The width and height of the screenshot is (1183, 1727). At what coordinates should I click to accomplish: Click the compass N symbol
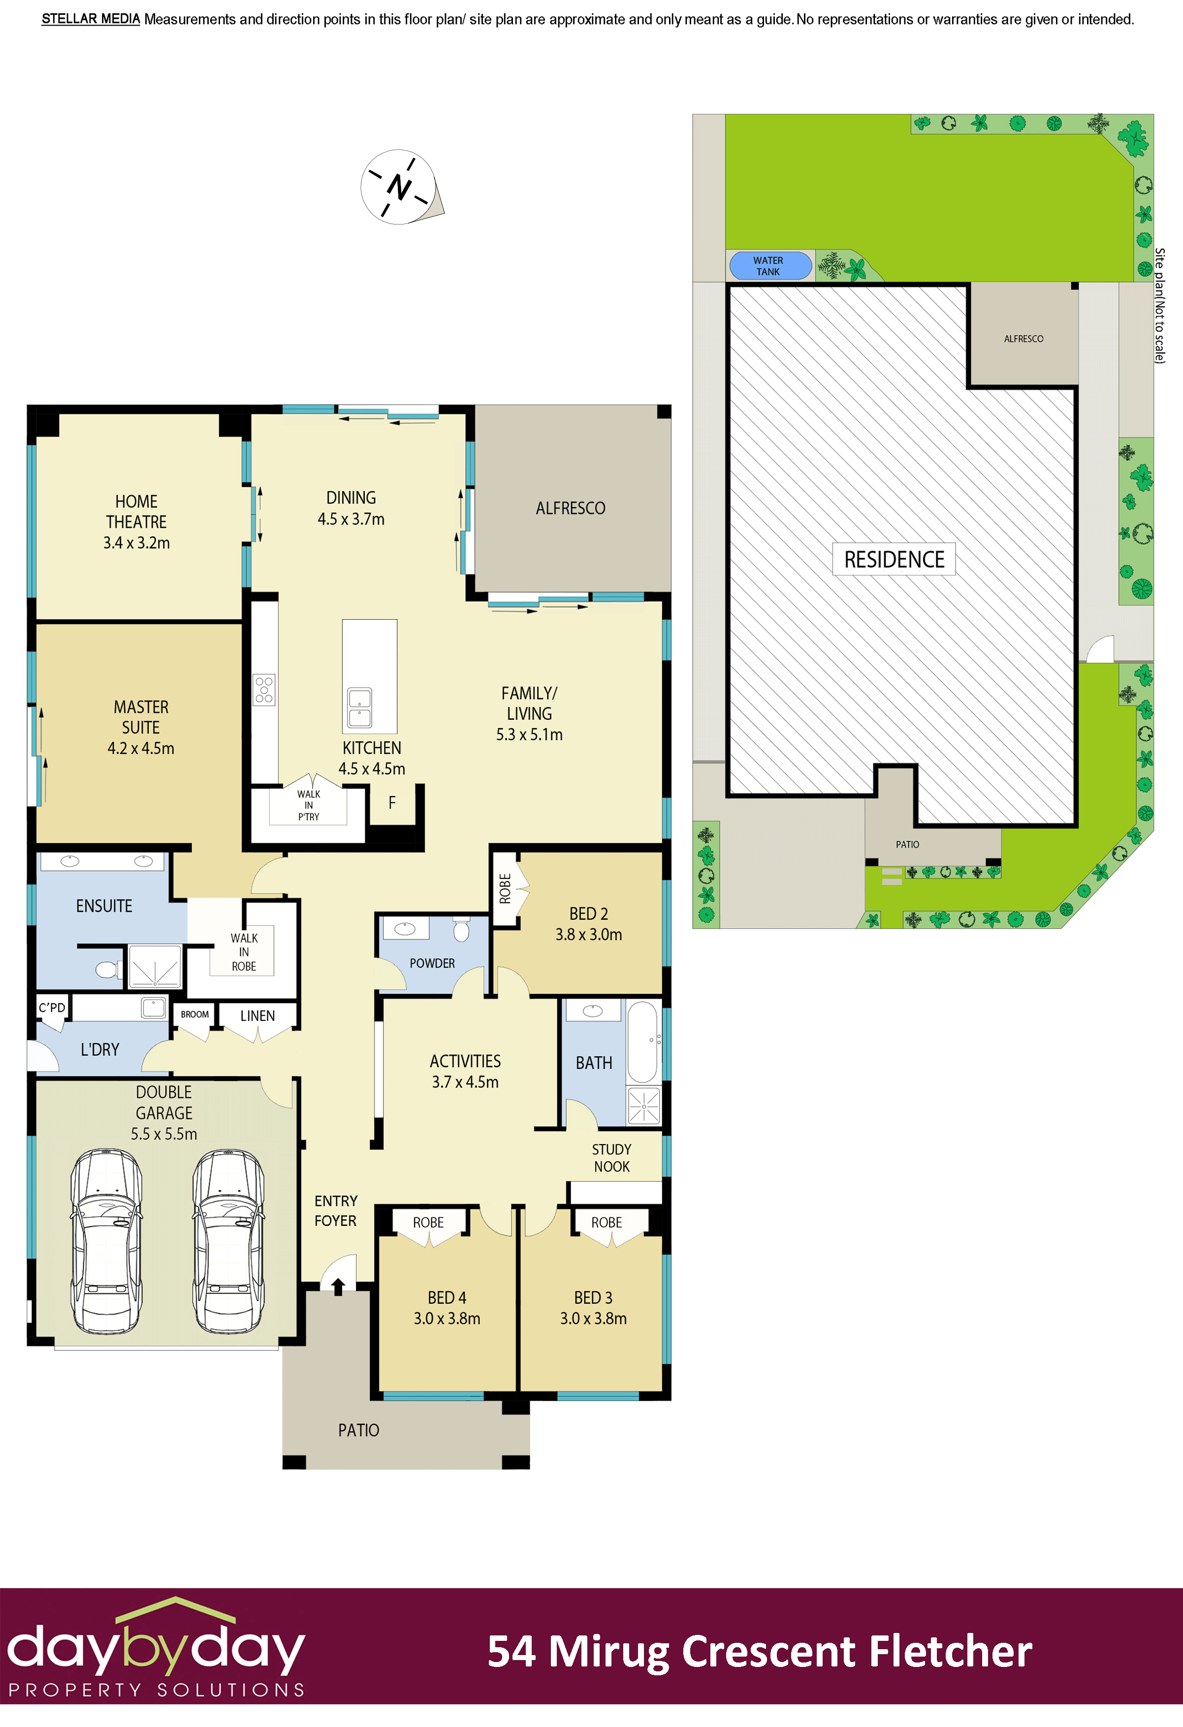399,187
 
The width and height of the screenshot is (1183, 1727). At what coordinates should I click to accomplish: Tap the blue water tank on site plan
769,266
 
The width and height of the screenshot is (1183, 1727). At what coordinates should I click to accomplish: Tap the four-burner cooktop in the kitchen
264,690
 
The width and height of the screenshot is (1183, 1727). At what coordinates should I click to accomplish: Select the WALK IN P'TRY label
308,805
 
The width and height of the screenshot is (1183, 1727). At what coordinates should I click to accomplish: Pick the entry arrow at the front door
338,1285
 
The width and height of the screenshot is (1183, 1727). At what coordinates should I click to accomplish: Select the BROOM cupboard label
194,1014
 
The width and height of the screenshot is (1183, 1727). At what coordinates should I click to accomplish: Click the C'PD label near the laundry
52,1008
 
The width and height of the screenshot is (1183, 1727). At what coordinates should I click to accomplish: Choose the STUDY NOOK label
611,1158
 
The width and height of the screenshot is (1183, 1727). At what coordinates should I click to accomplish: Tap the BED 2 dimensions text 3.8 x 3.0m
588,935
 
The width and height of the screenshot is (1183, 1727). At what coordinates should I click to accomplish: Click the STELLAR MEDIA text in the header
91,19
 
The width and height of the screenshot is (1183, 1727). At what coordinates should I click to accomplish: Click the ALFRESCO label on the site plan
1023,339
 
